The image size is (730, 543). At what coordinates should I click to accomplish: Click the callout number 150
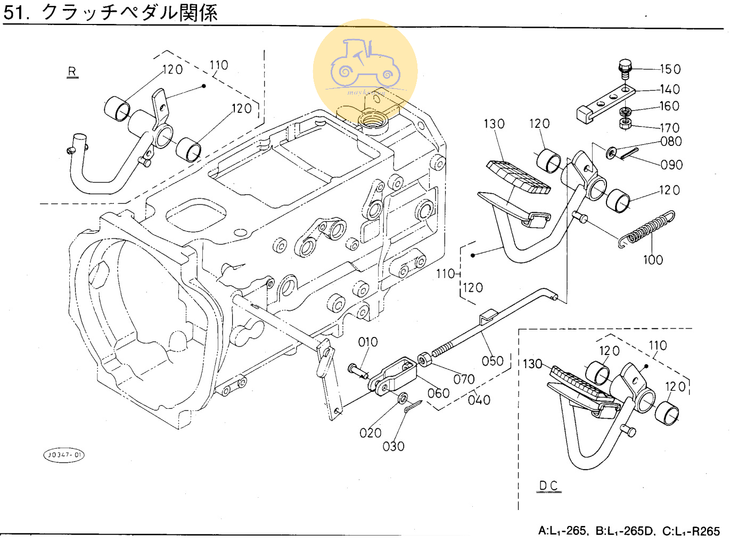click(x=670, y=69)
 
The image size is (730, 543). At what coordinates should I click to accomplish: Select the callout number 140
click(x=669, y=89)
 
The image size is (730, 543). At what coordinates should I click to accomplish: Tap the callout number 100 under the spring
click(x=653, y=260)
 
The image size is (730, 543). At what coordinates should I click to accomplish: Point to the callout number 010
click(x=368, y=342)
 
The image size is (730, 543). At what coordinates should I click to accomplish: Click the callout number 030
click(x=393, y=446)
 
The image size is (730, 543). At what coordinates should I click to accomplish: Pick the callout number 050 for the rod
click(x=493, y=361)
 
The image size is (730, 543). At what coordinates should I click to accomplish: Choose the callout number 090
click(x=671, y=164)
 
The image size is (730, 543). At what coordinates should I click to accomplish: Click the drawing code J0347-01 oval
click(x=64, y=455)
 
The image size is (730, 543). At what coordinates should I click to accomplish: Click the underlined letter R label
click(x=72, y=71)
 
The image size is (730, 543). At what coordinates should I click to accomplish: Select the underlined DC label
click(x=548, y=486)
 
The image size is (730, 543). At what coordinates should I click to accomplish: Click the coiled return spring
click(x=645, y=229)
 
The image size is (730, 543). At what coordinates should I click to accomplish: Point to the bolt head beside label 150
click(x=625, y=68)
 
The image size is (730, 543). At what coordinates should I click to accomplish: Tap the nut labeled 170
click(x=625, y=124)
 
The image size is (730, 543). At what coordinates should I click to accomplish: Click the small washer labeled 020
click(x=403, y=398)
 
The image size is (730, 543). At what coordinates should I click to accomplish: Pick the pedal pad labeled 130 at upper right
click(x=518, y=177)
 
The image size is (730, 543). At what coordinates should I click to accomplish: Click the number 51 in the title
click(x=14, y=12)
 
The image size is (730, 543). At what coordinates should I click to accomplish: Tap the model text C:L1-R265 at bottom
click(x=691, y=531)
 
